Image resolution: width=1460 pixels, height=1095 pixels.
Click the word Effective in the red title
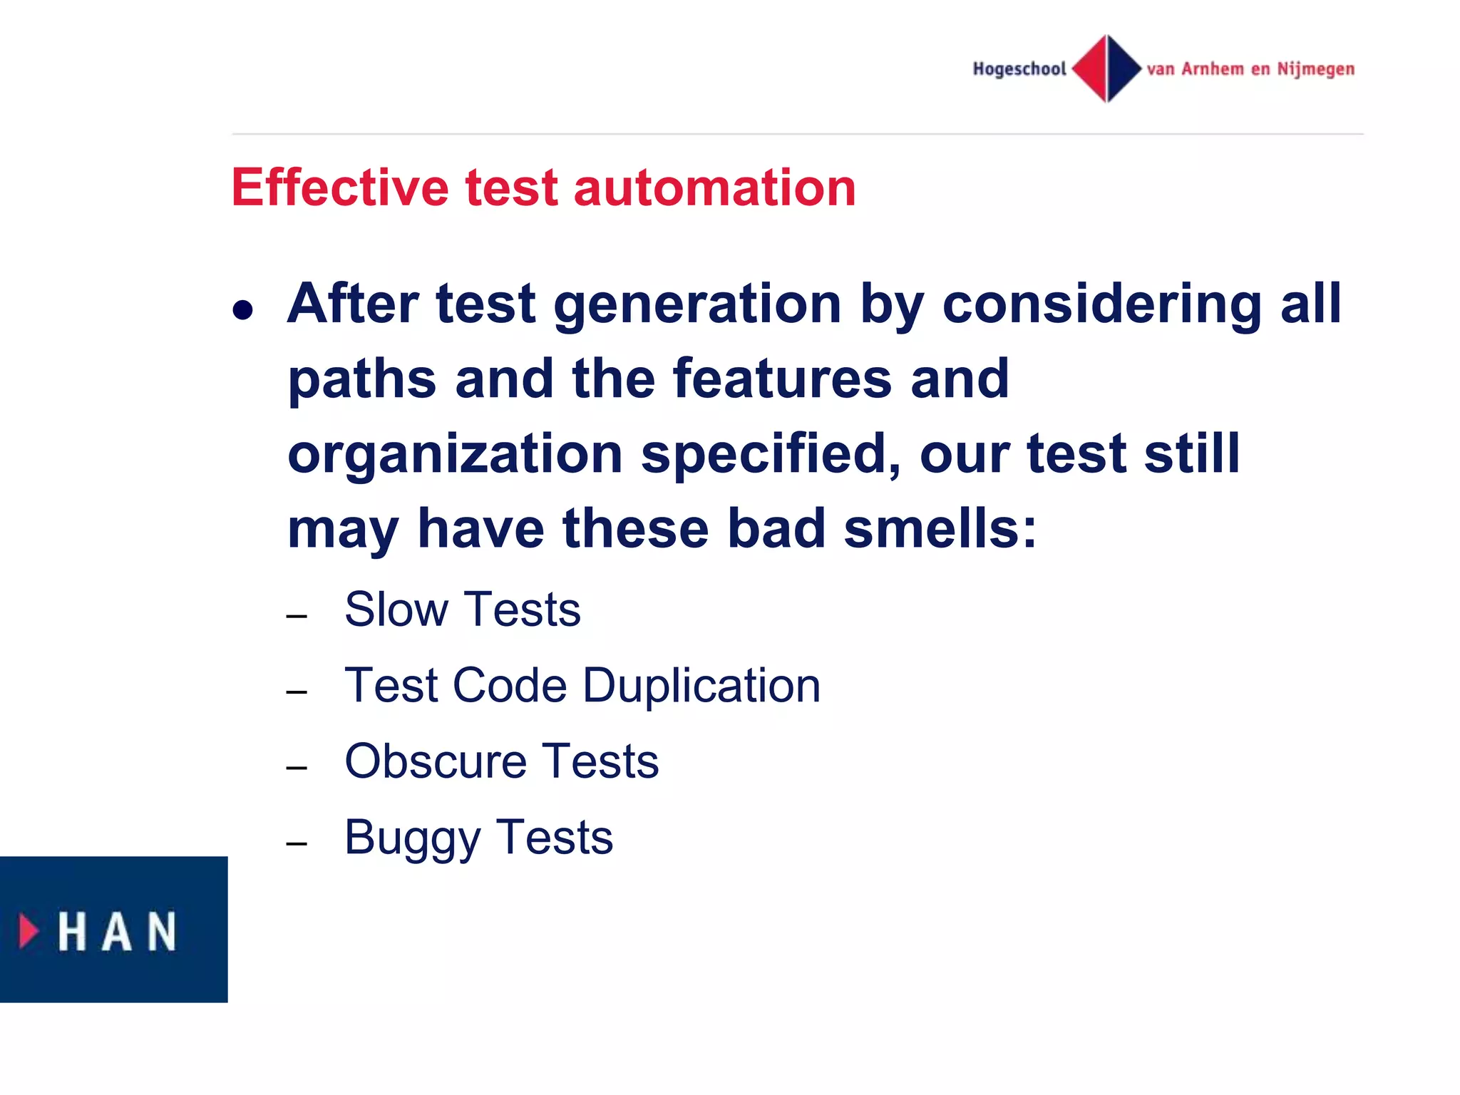coord(339,187)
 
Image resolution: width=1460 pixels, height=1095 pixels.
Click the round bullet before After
coord(242,310)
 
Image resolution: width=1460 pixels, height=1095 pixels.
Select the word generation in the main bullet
coord(697,305)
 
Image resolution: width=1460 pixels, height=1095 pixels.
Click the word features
coord(782,379)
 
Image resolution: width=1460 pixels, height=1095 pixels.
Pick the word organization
coord(455,454)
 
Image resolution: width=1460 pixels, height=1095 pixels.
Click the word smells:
coord(940,529)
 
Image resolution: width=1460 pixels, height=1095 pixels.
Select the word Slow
coord(396,610)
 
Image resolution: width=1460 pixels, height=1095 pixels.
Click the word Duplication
coord(701,686)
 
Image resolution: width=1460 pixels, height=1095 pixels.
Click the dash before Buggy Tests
coord(297,844)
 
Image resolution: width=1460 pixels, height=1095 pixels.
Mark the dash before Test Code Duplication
coord(297,692)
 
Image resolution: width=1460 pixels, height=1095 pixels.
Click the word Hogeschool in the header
coord(1019,69)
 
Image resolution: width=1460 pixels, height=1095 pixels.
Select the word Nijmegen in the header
coord(1315,69)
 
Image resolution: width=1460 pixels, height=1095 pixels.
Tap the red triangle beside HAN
coord(29,931)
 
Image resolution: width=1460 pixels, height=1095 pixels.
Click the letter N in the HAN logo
coord(162,931)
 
